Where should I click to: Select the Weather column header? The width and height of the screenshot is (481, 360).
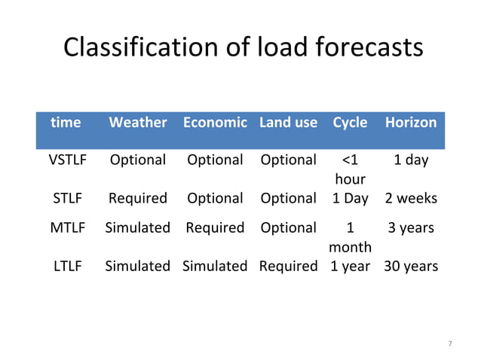137,122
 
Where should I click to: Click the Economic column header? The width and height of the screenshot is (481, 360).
215,122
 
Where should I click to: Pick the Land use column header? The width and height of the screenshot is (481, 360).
288,122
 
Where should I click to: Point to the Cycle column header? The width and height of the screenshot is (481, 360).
350,122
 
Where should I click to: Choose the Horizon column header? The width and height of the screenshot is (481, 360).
411,122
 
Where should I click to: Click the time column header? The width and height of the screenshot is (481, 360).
66,122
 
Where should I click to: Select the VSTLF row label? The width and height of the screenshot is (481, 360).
68,160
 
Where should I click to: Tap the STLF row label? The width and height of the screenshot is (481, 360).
68,198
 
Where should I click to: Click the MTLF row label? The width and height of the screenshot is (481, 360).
68,227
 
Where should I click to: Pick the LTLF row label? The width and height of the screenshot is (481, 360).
68,266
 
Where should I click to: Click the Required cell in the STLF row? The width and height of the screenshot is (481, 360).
137,198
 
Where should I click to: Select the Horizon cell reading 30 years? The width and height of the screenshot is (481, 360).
411,266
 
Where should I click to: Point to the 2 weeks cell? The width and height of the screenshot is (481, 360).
411,198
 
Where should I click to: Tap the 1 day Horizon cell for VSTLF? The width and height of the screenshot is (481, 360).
411,160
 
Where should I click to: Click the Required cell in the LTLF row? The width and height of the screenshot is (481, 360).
288,266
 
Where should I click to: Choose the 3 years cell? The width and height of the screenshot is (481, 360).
411,227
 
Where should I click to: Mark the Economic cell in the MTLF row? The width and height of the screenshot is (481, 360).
215,227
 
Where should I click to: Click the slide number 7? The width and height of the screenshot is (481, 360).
450,344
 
